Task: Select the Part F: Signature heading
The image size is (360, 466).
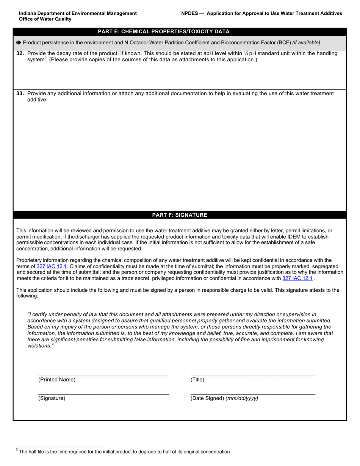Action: coord(180,215)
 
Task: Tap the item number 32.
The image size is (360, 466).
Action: coord(20,53)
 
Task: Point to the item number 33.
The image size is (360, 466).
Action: coord(20,94)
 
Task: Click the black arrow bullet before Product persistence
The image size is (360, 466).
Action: coord(19,43)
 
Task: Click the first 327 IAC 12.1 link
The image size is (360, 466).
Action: coord(52,266)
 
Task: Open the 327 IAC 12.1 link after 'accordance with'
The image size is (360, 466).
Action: coord(297,278)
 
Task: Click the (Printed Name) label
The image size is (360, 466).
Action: coord(57,380)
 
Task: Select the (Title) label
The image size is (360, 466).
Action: coord(197,380)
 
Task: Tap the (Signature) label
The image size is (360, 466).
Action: coord(52,398)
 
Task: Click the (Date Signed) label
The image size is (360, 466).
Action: coord(207,398)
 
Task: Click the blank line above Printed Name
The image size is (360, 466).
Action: coord(103,375)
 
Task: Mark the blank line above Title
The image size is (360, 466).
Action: coord(253,375)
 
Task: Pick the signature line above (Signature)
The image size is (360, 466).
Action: coord(103,394)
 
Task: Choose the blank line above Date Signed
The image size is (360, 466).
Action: coord(253,394)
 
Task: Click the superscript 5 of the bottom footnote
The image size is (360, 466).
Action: coord(17,450)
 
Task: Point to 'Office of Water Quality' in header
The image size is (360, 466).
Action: coord(45,19)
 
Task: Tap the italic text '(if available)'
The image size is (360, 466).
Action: coord(307,43)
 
